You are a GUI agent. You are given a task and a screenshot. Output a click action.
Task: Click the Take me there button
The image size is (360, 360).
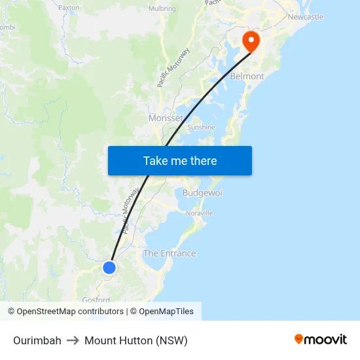click(179, 161)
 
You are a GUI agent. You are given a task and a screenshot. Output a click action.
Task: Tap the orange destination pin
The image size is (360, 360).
click(251, 41)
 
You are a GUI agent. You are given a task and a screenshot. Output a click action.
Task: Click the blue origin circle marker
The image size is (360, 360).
click(109, 268)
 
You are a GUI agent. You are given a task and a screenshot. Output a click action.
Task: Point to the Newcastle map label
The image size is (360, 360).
click(305, 16)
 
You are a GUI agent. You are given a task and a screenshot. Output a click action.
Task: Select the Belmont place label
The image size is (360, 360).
click(247, 76)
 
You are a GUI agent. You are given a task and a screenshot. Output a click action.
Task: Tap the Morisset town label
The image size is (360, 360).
click(166, 118)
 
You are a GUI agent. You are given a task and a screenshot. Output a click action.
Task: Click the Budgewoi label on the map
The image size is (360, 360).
click(202, 193)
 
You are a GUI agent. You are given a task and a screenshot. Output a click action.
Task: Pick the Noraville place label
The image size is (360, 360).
click(200, 213)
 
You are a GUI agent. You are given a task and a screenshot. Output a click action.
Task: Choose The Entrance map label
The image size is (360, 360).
click(170, 253)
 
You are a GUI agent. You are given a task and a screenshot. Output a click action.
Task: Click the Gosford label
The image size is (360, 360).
click(96, 300)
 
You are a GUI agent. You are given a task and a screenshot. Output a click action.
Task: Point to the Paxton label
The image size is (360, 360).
click(69, 8)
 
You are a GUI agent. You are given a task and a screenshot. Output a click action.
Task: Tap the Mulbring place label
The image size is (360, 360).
click(162, 9)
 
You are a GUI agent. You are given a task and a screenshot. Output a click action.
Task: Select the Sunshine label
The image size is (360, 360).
click(201, 127)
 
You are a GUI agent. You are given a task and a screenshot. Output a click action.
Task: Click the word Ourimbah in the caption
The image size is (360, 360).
click(37, 340)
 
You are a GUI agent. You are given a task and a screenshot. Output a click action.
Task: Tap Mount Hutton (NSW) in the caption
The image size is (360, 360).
click(136, 340)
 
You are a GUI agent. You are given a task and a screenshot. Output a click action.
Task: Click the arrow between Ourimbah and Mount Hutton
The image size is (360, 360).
click(73, 340)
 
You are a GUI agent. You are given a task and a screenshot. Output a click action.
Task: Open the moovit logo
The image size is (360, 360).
click(320, 339)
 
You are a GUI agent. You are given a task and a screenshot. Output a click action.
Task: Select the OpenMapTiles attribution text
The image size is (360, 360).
click(166, 312)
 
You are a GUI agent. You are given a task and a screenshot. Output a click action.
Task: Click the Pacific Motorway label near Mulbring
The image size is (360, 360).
click(173, 68)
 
